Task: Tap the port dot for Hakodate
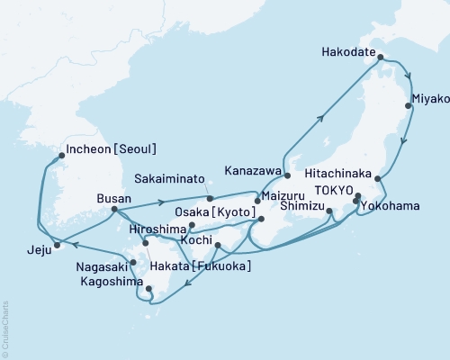(x=381, y=58)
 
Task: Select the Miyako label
(x=428, y=96)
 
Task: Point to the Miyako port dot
(x=409, y=106)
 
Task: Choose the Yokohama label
(x=390, y=206)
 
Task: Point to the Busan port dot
(x=113, y=211)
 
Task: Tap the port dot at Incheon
(x=61, y=155)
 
